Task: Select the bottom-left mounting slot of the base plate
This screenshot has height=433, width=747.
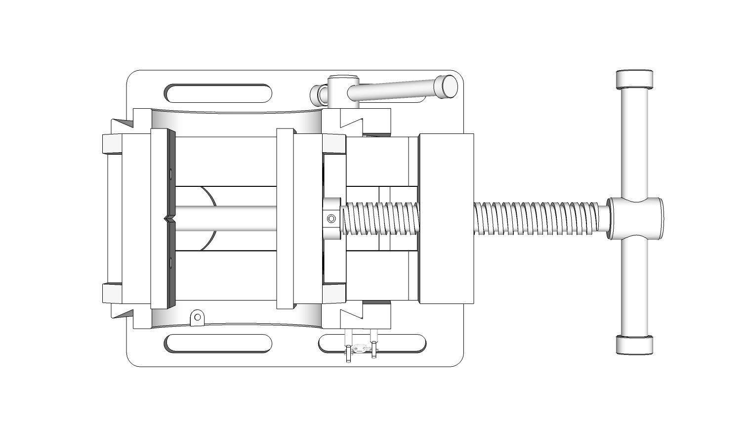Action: pos(218,344)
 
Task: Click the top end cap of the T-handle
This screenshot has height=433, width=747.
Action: pos(634,79)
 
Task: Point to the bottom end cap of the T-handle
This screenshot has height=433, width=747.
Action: pos(634,345)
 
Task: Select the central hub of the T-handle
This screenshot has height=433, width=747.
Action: pos(634,218)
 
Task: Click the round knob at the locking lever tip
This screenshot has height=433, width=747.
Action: pos(449,86)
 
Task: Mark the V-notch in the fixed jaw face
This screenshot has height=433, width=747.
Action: pos(169,218)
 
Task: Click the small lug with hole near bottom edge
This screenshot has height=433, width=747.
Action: pos(197,317)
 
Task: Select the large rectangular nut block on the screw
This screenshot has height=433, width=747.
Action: pos(446,218)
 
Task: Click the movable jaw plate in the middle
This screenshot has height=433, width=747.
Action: pos(286,218)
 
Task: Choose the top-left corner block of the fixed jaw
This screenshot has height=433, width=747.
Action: pos(112,143)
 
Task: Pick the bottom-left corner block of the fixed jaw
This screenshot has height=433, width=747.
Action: pos(112,293)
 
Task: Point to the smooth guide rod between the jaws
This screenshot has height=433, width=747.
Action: pos(225,218)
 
